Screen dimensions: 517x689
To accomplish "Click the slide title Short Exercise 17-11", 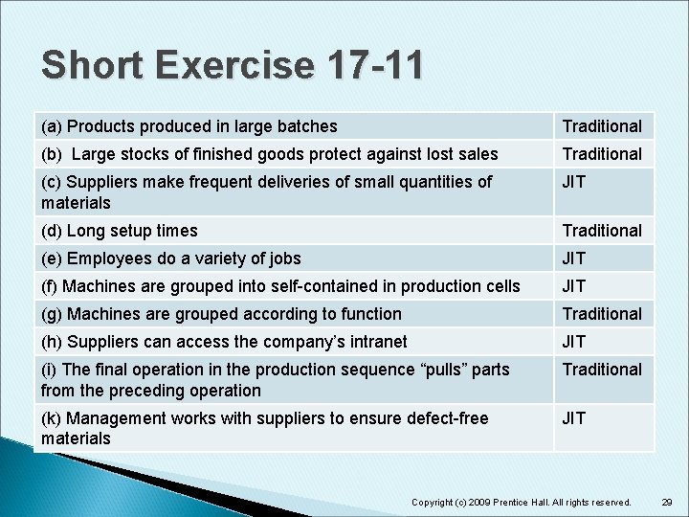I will (232, 66).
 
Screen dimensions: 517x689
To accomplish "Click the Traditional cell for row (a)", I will (602, 126).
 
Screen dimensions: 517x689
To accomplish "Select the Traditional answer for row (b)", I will (602, 154).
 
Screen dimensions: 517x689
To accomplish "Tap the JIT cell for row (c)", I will (574, 182).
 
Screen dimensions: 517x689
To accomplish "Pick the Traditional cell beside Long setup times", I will (602, 231).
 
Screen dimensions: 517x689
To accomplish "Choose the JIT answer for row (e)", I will (574, 258).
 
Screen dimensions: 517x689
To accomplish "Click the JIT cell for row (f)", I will (574, 286).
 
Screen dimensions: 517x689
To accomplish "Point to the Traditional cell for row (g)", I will (602, 314).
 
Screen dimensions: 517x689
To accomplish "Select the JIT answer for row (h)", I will (574, 342).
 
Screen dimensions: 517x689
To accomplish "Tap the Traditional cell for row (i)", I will (602, 370).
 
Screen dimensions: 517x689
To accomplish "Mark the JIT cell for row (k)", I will (574, 418).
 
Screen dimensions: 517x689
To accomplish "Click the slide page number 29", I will (667, 502).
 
